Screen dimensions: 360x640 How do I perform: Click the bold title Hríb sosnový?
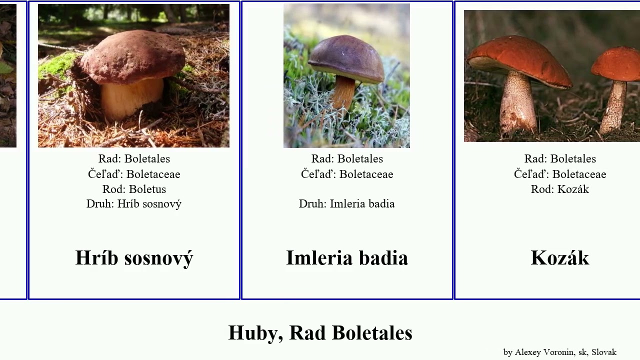[x=134, y=258]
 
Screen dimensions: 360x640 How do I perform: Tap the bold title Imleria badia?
[x=347, y=258]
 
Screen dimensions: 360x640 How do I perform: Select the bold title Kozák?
[x=560, y=258]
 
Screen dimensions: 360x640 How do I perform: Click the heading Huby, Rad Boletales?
[x=320, y=333]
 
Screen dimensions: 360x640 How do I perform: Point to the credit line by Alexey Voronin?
[x=559, y=352]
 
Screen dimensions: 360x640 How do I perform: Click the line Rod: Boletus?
[x=134, y=189]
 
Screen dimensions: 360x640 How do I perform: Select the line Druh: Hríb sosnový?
[x=134, y=204]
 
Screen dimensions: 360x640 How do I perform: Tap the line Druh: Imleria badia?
[x=347, y=204]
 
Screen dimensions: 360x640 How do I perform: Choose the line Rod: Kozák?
[x=560, y=189]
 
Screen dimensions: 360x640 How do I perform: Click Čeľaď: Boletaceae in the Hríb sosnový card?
[x=134, y=174]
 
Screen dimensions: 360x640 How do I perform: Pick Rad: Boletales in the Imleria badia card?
[x=347, y=159]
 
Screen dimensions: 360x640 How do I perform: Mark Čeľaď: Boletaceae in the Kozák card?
[x=560, y=174]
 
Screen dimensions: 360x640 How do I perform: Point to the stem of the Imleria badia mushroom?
[x=344, y=92]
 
